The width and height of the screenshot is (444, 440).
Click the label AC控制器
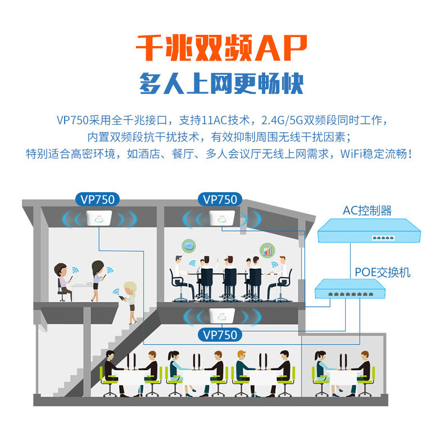[367, 211]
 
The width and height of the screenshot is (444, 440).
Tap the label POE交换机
[382, 273]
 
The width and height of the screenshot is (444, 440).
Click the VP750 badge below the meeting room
[220, 334]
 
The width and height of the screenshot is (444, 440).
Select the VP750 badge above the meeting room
[220, 199]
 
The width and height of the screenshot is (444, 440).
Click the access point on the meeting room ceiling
[220, 219]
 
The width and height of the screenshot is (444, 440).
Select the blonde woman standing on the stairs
[130, 301]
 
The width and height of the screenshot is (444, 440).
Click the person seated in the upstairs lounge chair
[61, 278]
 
